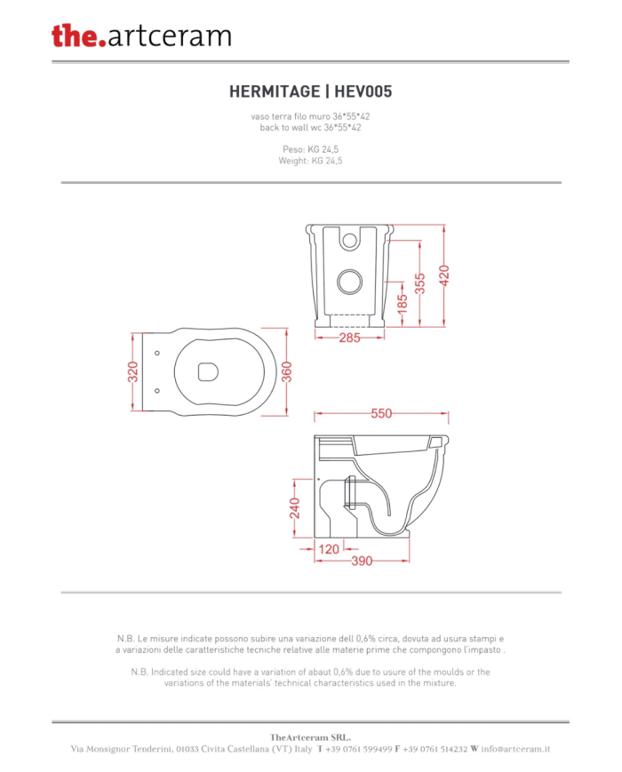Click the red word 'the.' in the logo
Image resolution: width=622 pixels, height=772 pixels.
click(79, 36)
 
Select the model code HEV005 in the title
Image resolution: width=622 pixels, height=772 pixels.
click(363, 92)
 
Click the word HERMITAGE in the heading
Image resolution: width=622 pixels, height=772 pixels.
click(275, 92)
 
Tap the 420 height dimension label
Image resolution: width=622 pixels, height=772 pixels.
click(444, 275)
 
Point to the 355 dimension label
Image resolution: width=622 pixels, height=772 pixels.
click(419, 283)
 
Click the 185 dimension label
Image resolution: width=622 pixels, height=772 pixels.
click(403, 302)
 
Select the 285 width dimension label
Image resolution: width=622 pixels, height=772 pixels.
click(350, 338)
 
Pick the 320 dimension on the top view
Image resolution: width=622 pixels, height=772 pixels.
click(133, 371)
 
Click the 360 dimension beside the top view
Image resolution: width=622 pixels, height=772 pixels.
click(287, 371)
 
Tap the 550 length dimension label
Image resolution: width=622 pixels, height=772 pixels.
click(382, 413)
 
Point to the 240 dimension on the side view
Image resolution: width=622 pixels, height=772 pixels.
click(294, 508)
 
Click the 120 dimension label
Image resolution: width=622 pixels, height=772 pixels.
click(329, 549)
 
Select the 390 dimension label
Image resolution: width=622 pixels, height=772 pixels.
click(362, 561)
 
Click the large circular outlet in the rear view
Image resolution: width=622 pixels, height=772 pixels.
click(350, 282)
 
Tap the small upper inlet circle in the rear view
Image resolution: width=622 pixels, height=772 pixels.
click(350, 241)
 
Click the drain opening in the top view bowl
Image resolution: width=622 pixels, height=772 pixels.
click(208, 372)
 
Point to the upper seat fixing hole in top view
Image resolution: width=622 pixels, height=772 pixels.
click(157, 353)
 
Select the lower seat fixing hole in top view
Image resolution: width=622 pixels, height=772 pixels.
click(157, 391)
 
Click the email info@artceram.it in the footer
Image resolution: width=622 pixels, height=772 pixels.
click(515, 749)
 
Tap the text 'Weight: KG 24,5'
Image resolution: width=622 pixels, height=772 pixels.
click(310, 161)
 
